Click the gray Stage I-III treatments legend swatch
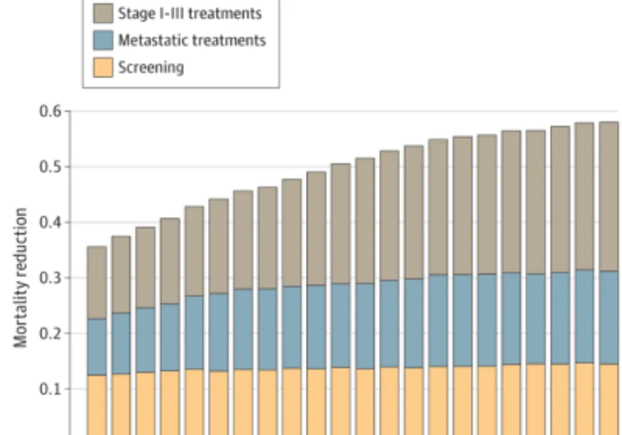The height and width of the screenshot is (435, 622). coord(103,12)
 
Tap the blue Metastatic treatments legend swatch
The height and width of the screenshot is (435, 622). coord(103,40)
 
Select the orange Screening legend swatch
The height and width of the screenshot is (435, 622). coord(103,67)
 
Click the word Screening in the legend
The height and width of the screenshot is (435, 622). coord(151,67)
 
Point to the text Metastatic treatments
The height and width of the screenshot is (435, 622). coord(192,40)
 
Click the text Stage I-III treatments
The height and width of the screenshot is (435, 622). coord(190,13)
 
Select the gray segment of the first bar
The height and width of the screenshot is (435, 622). coord(96,283)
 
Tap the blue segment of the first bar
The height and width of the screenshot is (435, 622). coord(96,347)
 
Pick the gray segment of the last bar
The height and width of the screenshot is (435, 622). coord(608,196)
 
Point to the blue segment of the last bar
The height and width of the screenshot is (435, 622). coord(608,317)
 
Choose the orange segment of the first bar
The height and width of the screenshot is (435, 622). coord(96,404)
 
